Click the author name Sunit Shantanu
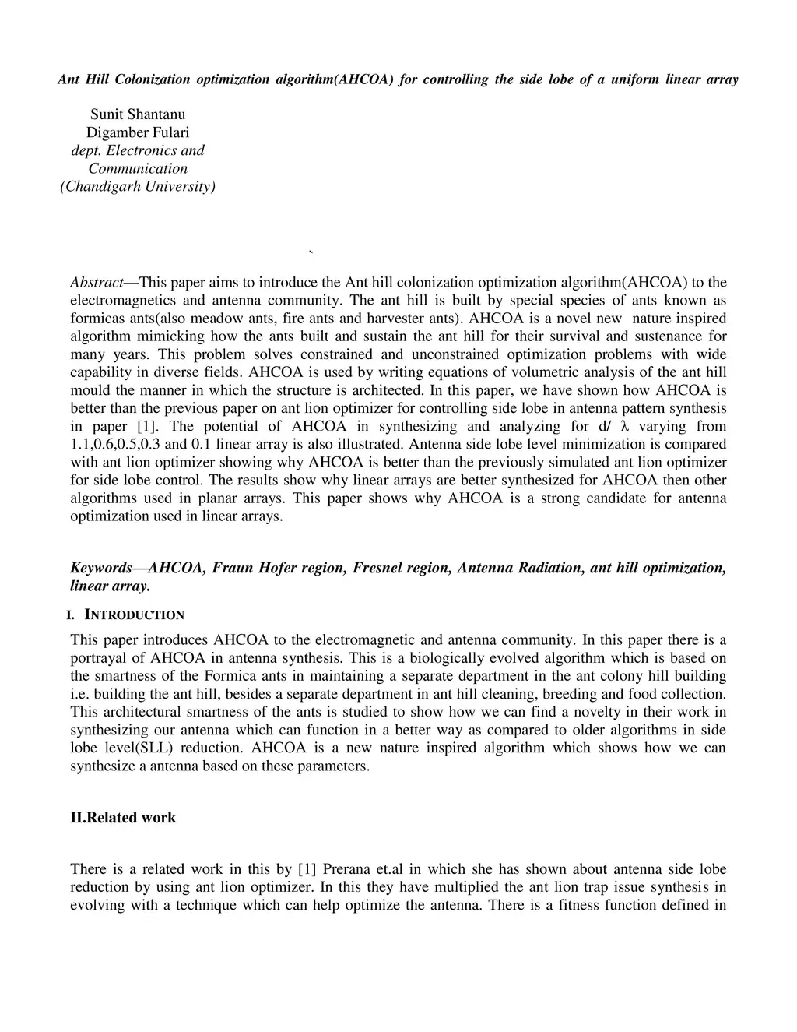138,114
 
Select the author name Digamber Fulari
138,132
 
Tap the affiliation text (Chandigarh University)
138,186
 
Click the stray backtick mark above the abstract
311,252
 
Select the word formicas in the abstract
97,319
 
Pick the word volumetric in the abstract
550,372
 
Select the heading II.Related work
123,818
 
